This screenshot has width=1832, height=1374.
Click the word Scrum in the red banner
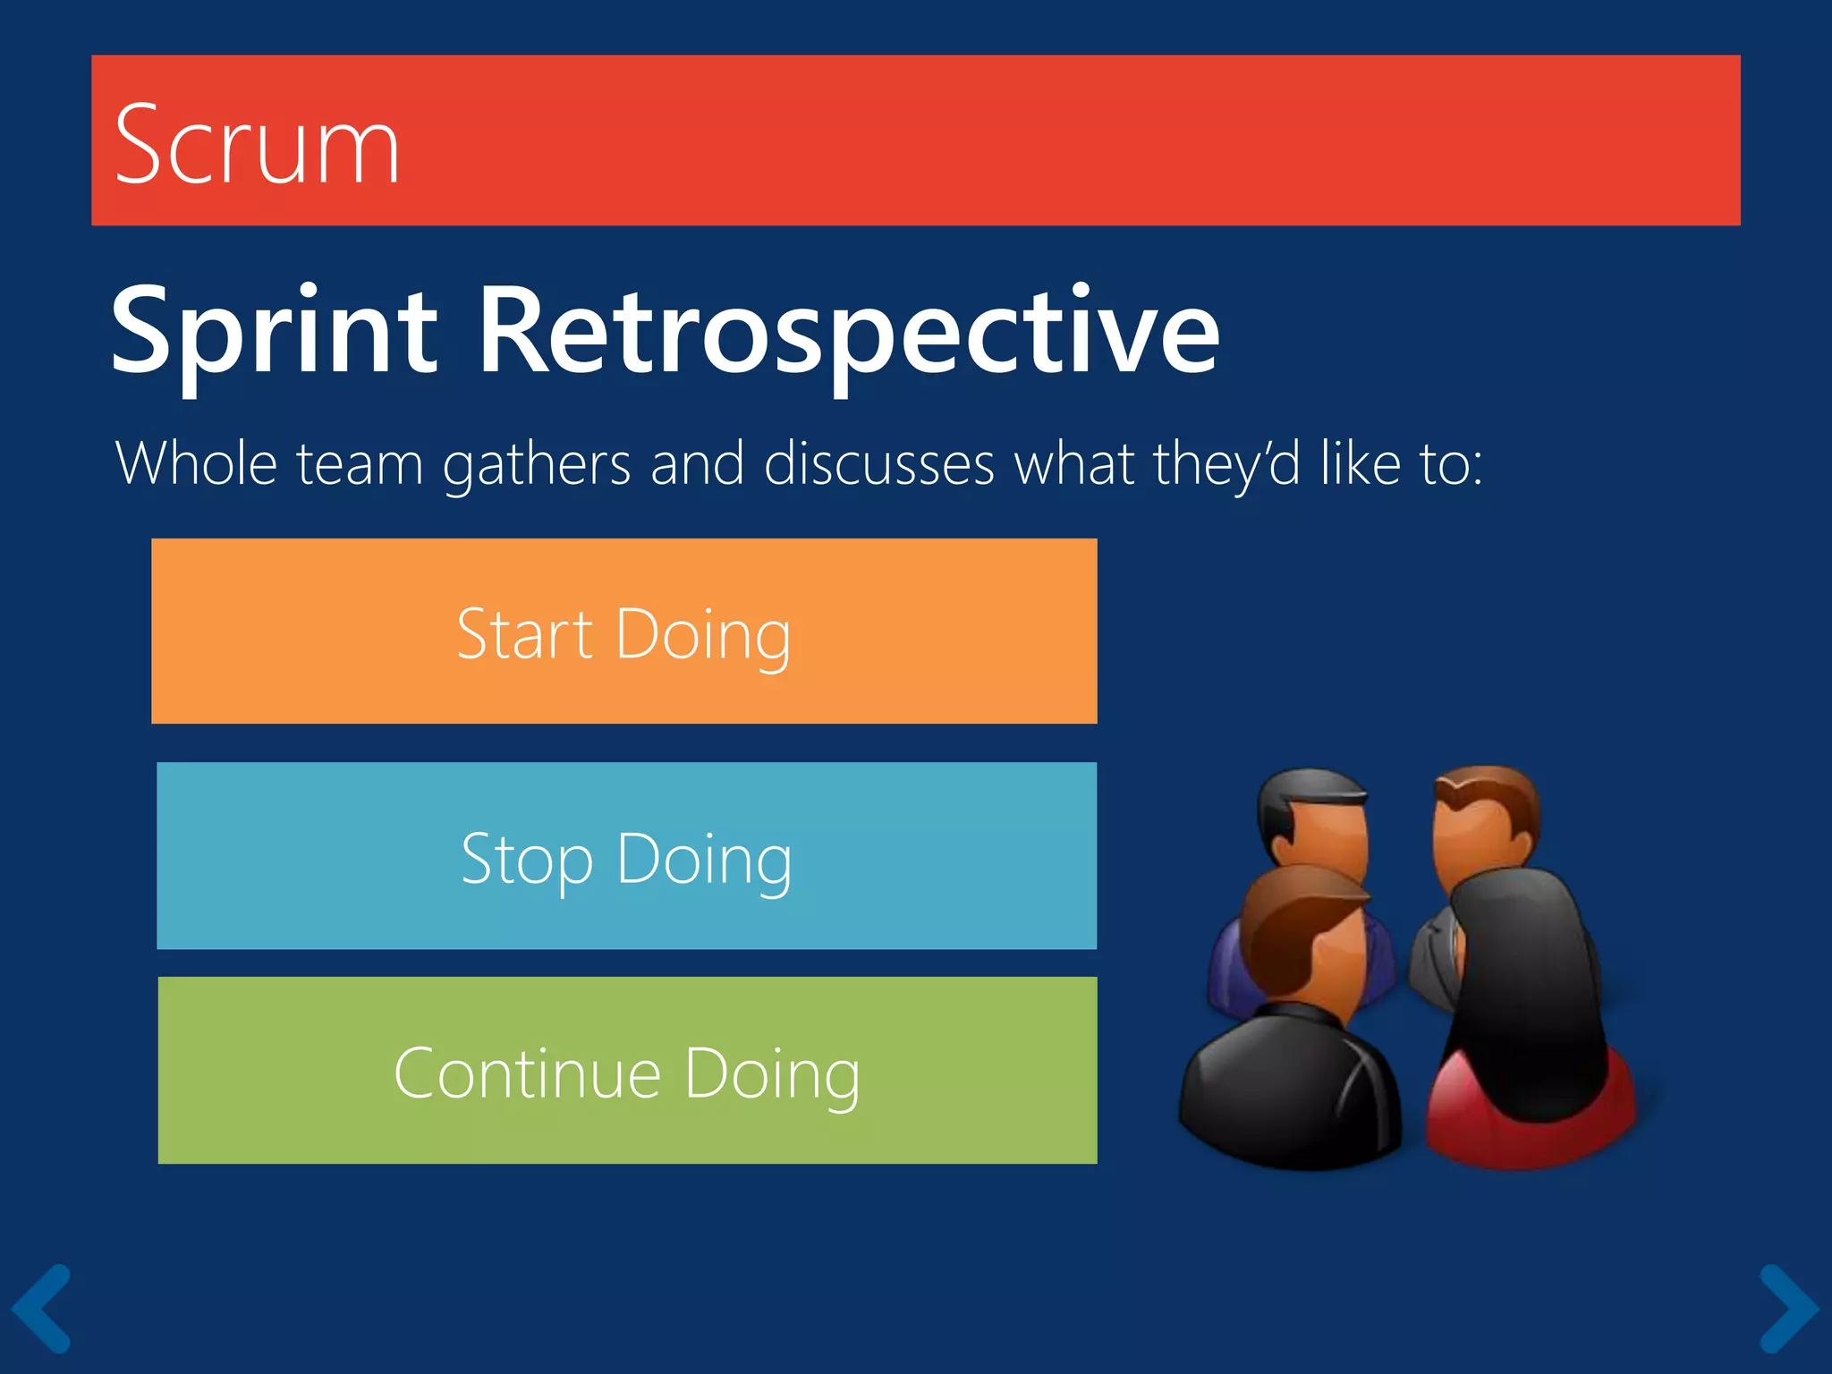(x=257, y=146)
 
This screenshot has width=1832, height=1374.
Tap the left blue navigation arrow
(x=41, y=1308)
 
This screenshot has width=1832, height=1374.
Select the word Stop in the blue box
(x=527, y=860)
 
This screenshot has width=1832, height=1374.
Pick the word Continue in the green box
(x=527, y=1073)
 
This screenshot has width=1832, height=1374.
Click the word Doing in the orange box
(x=703, y=635)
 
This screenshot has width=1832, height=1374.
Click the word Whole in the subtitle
(x=196, y=463)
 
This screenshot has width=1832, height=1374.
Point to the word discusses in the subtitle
(x=878, y=463)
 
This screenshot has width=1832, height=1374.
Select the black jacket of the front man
(x=1288, y=1091)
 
